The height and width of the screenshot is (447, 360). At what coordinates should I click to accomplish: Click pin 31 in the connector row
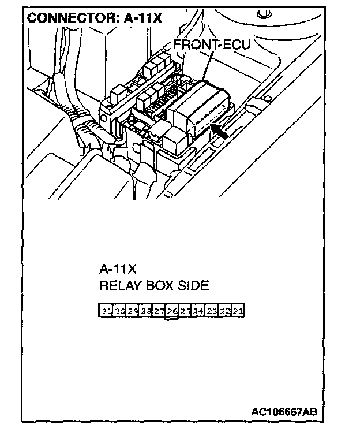pos(106,311)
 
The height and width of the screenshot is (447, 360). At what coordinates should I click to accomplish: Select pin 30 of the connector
pos(119,311)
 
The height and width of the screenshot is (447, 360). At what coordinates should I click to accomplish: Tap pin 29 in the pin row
pos(133,311)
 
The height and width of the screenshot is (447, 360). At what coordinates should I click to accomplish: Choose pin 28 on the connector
pos(146,311)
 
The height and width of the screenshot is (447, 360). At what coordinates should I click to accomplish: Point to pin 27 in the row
pos(159,311)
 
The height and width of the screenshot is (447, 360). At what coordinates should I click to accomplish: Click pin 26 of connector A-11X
pos(171,311)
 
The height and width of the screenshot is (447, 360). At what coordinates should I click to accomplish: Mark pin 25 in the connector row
pos(185,311)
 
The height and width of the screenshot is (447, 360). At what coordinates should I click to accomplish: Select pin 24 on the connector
pos(198,311)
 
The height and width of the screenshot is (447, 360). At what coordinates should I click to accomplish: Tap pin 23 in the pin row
pos(211,311)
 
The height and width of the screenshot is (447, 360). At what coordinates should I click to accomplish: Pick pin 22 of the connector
pos(224,311)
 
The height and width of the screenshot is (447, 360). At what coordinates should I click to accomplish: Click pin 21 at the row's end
pos(238,311)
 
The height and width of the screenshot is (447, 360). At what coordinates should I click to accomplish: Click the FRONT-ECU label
pos(212,45)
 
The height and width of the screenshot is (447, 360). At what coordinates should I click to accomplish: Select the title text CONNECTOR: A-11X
pos(95,18)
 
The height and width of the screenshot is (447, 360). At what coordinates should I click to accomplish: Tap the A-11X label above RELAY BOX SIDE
pos(118,269)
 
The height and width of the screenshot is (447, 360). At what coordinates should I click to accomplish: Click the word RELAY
pos(119,286)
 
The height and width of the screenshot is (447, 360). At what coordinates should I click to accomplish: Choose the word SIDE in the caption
pos(193,286)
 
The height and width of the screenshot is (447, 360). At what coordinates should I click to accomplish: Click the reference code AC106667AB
pos(283,412)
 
